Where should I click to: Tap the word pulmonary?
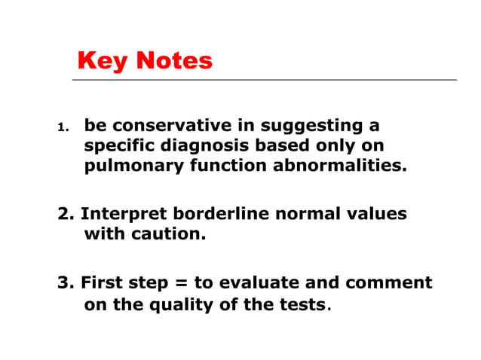pyautogui.click(x=123, y=166)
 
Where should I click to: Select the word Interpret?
pyautogui.click(x=119, y=215)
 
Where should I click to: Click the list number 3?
pyautogui.click(x=65, y=283)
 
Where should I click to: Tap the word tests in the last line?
pyautogui.click(x=304, y=304)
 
